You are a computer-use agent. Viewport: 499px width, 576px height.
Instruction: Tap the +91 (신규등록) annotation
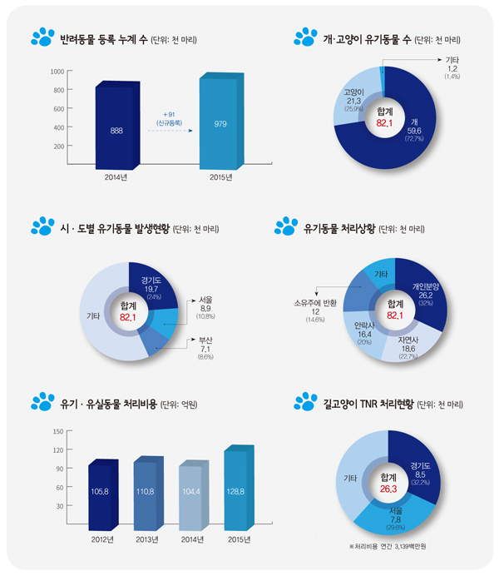pos(170,117)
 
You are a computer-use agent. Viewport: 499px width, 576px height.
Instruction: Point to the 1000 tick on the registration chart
pos(57,72)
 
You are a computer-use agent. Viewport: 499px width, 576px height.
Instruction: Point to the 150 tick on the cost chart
pos(57,431)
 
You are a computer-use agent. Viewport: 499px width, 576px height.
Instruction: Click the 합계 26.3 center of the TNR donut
pos(388,483)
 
